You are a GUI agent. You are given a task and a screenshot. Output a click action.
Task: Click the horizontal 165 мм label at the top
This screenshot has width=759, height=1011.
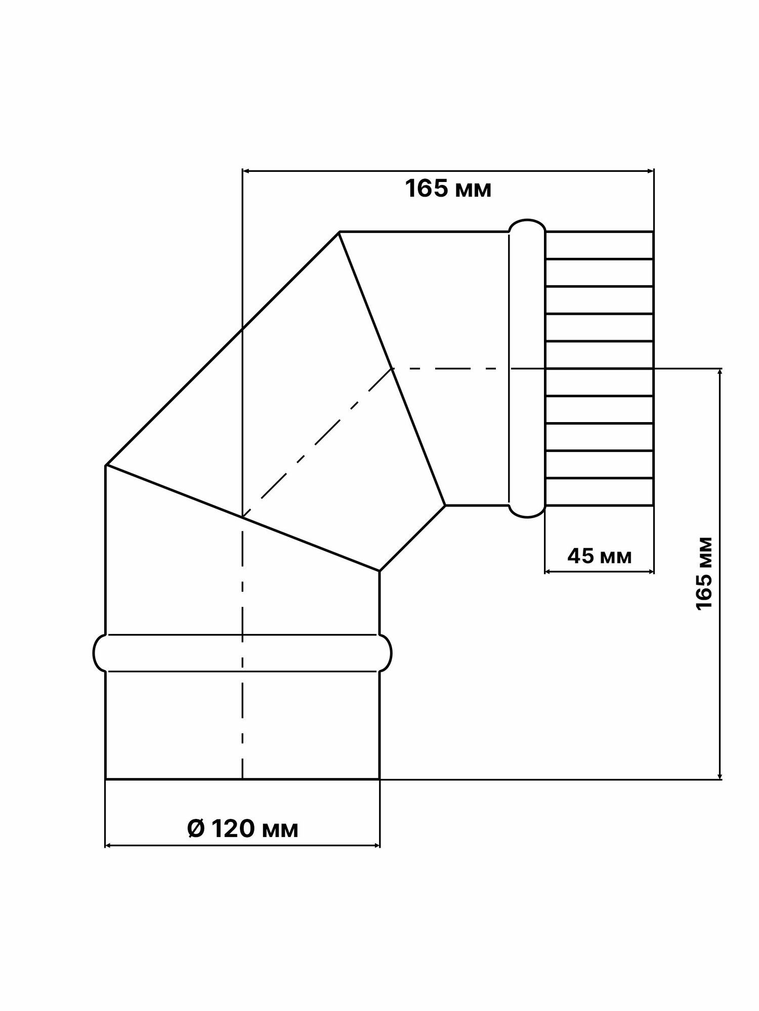448,190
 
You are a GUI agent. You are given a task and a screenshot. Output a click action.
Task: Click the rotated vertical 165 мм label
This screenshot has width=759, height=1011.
704,574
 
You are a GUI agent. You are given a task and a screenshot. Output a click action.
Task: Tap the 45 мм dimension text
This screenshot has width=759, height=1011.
600,557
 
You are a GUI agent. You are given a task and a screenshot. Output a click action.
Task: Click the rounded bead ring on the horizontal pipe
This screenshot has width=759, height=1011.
527,369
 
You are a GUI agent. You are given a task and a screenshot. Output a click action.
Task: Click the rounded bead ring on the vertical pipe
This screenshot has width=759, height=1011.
242,653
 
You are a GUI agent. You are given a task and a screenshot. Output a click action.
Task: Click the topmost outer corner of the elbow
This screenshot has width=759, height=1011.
339,232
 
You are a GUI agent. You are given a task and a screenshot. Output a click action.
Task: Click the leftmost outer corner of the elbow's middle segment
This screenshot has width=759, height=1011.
106,465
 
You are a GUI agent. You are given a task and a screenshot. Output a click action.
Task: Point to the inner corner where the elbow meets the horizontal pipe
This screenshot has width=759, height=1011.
445,505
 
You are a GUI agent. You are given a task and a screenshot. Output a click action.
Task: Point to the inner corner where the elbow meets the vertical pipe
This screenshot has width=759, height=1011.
379,571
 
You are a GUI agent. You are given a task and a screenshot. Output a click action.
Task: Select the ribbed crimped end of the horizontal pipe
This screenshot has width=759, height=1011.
600,369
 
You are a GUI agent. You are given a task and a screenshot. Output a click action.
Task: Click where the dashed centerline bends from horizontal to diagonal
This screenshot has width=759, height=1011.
392,369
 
